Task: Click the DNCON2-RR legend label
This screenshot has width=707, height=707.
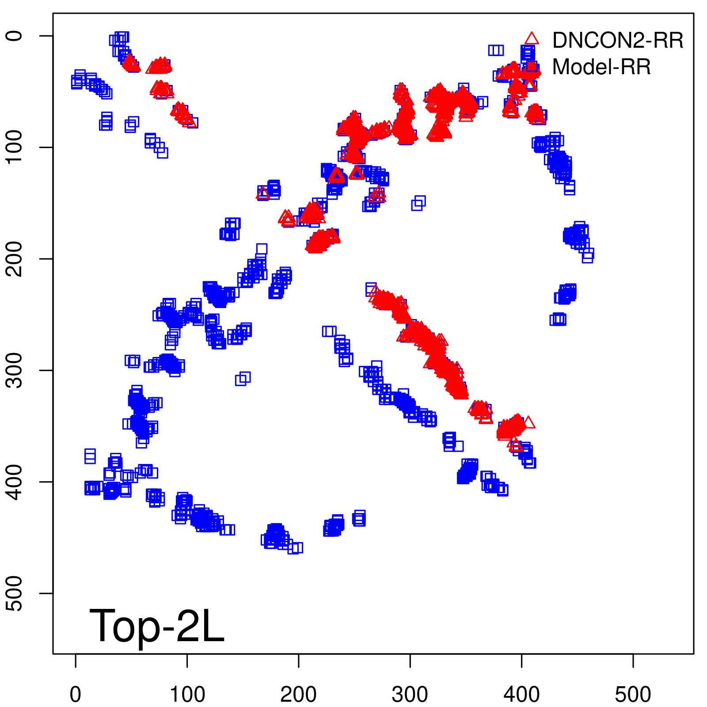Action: [617, 41]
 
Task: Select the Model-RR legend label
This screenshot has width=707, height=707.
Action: [601, 67]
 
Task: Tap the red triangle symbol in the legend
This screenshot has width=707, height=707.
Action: [532, 39]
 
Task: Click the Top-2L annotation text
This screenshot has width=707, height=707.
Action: [157, 626]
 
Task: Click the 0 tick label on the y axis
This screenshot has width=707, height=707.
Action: [15, 36]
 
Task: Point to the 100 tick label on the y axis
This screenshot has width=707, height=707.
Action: [15, 147]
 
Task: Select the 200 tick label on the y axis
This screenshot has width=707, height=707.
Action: [15, 258]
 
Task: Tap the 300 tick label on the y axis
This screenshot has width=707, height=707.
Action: [15, 370]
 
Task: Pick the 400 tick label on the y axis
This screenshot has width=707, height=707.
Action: [15, 482]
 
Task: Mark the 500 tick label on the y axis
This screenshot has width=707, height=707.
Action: [15, 593]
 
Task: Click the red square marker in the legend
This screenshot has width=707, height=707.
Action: [532, 67]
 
